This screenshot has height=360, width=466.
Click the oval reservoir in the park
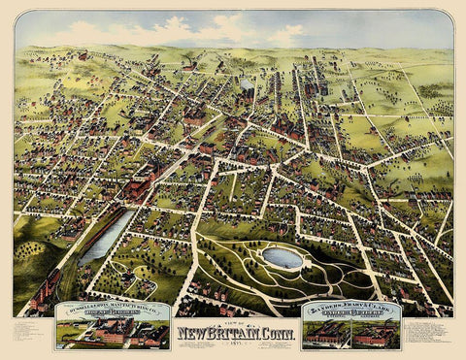coord(283,257)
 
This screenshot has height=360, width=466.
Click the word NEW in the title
coord(191,336)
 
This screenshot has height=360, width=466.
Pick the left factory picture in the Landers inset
coord(326,336)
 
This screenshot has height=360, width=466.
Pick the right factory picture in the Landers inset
coord(377,336)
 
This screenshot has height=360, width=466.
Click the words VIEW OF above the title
coord(233,325)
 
